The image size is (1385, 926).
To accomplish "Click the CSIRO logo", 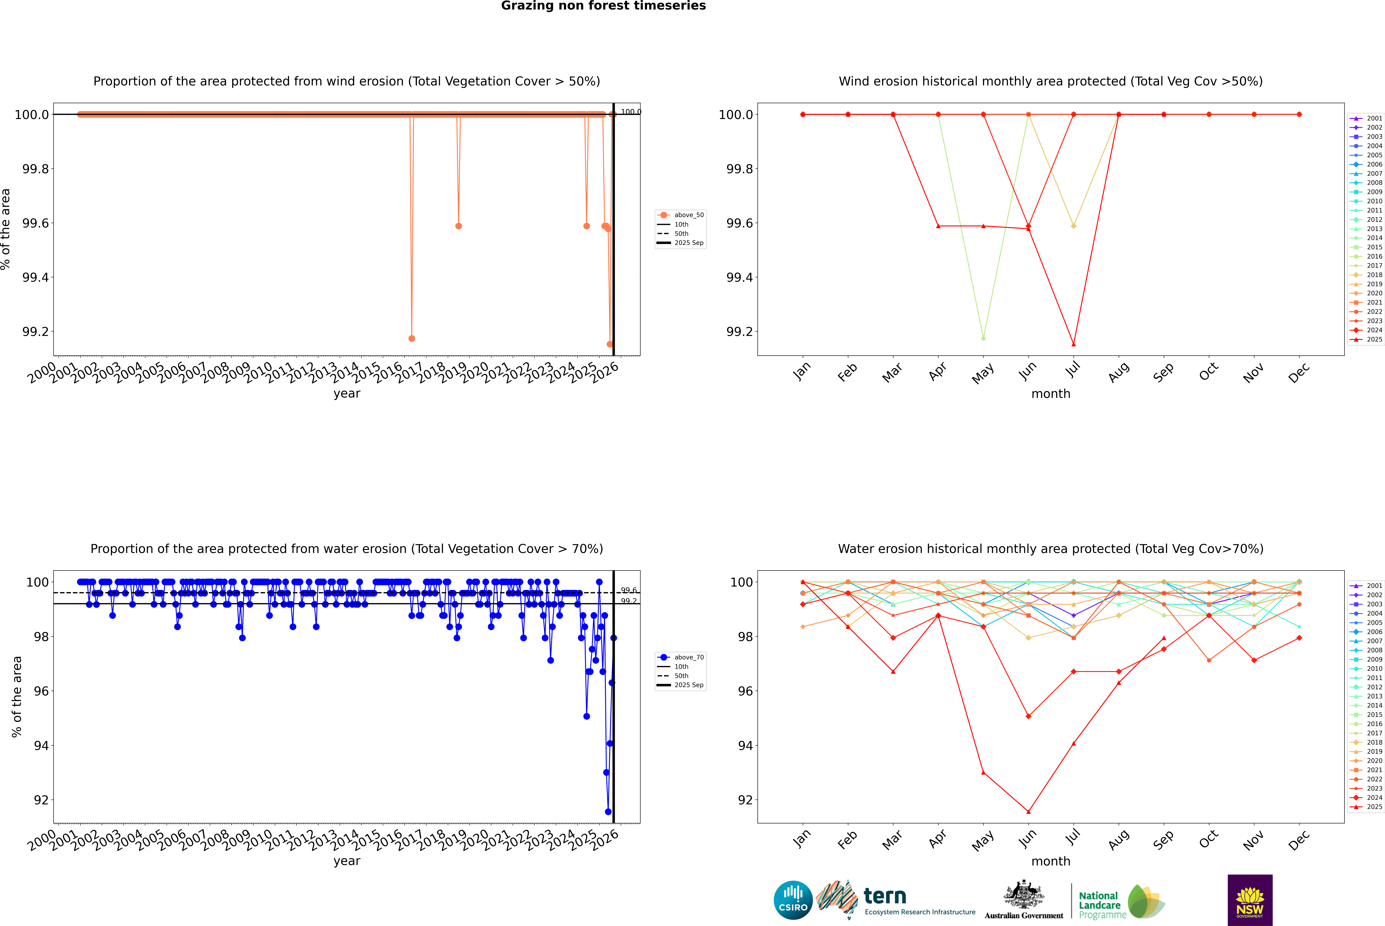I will pyautogui.click(x=793, y=900).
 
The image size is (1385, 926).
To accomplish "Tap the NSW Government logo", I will pyautogui.click(x=1250, y=900).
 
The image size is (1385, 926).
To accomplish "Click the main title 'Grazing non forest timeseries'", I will pyautogui.click(x=603, y=6).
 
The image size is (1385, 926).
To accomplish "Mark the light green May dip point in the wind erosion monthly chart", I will pyautogui.click(x=983, y=338).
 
